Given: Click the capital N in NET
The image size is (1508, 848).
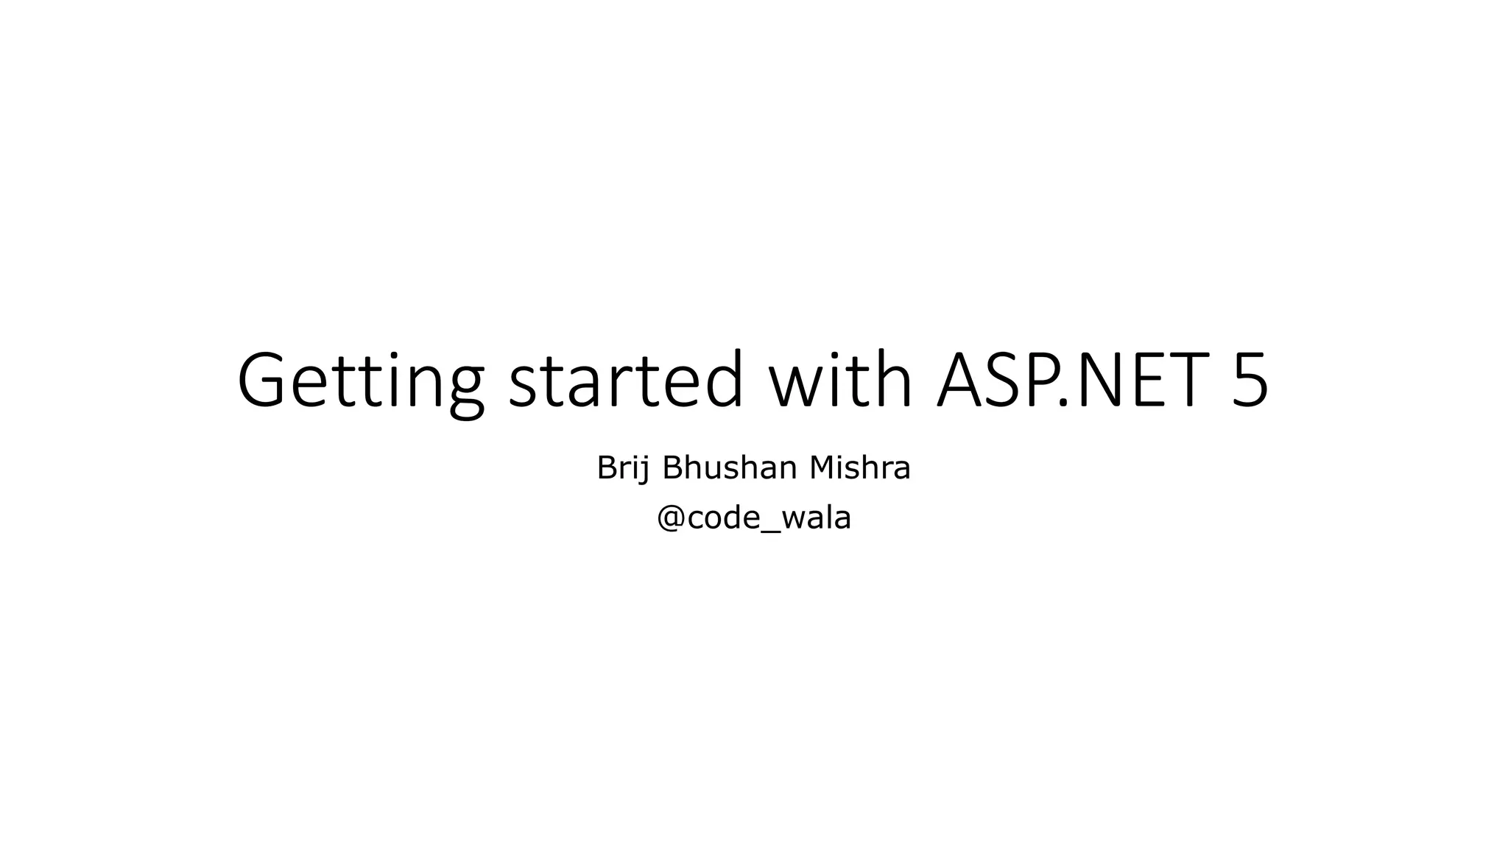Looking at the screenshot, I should [x=1096, y=381].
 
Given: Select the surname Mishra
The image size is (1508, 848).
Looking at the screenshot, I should [x=860, y=468].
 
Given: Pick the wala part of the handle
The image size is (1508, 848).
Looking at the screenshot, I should [x=816, y=518].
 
